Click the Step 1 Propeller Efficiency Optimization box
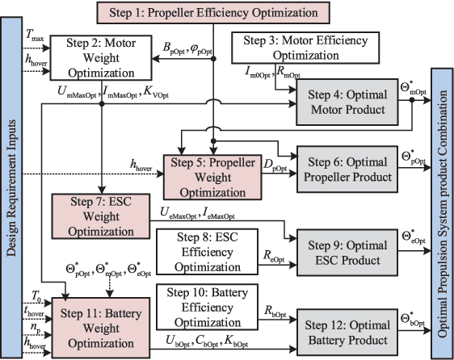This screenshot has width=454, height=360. (x=212, y=13)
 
